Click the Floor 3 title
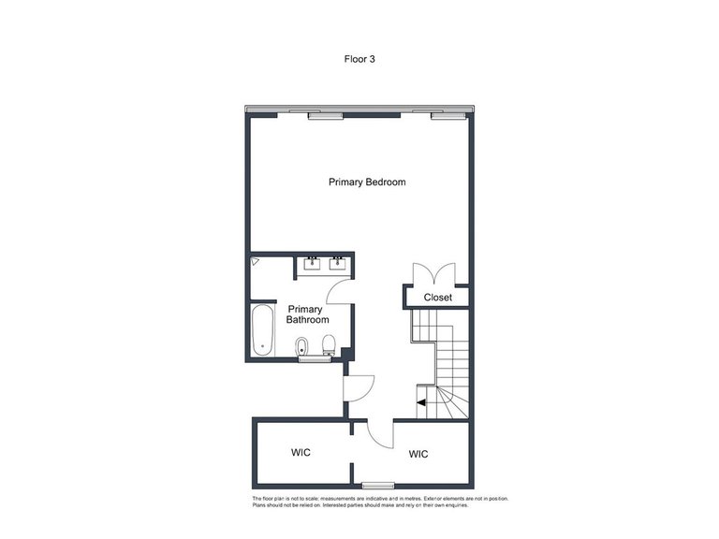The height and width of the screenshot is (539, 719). pyautogui.click(x=359, y=58)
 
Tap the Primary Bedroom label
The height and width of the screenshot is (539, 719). pyautogui.click(x=367, y=182)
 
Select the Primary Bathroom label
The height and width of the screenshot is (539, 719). pyautogui.click(x=306, y=314)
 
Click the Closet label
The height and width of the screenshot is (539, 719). pyautogui.click(x=438, y=298)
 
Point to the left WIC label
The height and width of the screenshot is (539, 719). pyautogui.click(x=301, y=452)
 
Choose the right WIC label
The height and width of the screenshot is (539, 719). pyautogui.click(x=418, y=454)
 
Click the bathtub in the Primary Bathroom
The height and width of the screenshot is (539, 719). pyautogui.click(x=263, y=330)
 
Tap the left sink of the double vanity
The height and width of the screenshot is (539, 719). pyautogui.click(x=311, y=263)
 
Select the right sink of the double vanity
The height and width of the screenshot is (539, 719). pyautogui.click(x=338, y=263)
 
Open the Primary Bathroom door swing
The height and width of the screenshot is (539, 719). pyautogui.click(x=339, y=289)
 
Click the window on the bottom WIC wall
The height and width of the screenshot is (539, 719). pyautogui.click(x=377, y=485)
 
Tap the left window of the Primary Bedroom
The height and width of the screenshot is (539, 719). pyautogui.click(x=325, y=116)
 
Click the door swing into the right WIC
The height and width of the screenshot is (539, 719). pyautogui.click(x=382, y=432)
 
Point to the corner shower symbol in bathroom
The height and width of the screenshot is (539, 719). pyautogui.click(x=256, y=264)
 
